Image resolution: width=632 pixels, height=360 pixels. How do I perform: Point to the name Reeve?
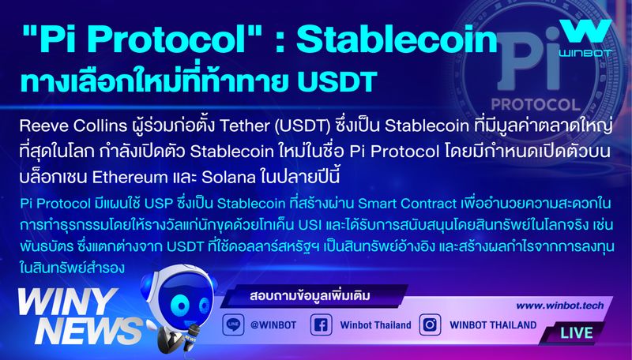41,128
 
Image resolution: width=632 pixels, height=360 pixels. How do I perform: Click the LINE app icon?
233,324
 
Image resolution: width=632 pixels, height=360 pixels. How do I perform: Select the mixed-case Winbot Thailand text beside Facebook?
376,325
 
